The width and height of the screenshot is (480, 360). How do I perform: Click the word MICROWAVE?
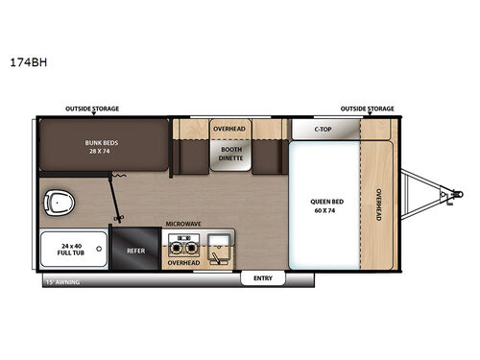183,224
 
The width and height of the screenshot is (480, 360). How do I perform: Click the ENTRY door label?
262,278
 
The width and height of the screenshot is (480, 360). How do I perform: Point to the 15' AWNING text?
62,282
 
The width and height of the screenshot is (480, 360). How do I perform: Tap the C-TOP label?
324,128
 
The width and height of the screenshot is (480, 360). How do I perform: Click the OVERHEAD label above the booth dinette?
230,127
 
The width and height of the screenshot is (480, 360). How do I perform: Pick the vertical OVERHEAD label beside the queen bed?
379,204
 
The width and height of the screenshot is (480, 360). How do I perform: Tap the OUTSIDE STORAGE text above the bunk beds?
93,109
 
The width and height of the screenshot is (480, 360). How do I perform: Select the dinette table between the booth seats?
230,158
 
